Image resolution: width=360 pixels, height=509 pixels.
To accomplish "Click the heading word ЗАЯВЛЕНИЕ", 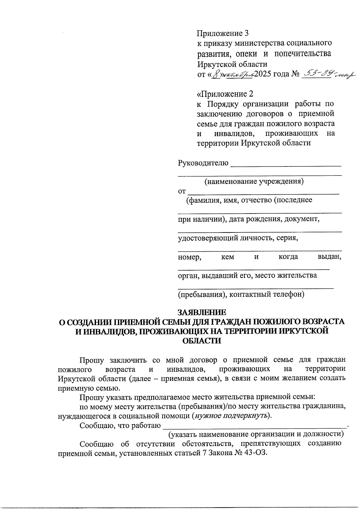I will (x=202, y=312).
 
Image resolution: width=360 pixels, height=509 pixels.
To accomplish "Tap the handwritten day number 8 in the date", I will (x=214, y=74).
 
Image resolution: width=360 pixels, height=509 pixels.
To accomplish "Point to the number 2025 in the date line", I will (x=263, y=74).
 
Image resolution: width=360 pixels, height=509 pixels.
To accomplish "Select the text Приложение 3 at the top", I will (x=223, y=33).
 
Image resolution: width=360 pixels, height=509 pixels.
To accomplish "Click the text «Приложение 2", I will (x=225, y=94).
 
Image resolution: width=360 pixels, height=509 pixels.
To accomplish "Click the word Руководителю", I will (x=203, y=163).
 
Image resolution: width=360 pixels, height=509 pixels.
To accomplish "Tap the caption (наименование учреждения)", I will (x=254, y=181).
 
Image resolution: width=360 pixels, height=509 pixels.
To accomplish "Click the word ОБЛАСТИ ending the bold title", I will (x=202, y=341).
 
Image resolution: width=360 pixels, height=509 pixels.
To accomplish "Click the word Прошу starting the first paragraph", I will (x=91, y=360).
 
